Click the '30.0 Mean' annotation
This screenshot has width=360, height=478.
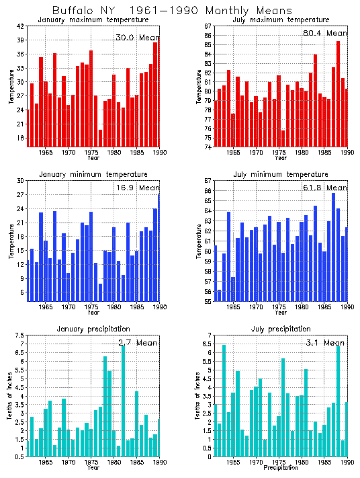click(136, 38)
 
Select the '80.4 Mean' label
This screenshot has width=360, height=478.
click(325, 33)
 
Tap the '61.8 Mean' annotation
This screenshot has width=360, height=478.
click(325, 188)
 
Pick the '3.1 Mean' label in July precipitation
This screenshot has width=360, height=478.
click(325, 343)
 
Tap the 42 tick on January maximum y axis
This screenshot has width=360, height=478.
click(20, 26)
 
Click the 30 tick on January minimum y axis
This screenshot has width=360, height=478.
click(20, 181)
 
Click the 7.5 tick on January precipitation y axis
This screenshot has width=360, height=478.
click(19, 335)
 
